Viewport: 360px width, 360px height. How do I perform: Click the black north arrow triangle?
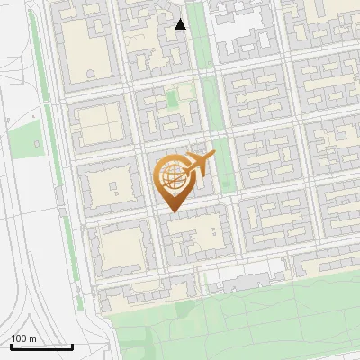click(x=181, y=24)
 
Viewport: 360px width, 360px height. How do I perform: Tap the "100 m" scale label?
click(x=23, y=338)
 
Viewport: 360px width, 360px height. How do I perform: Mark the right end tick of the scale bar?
click(x=72, y=346)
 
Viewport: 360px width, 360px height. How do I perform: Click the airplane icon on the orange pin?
click(x=199, y=164)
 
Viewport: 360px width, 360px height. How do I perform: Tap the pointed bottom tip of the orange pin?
click(x=171, y=211)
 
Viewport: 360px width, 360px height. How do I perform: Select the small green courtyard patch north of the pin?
click(x=184, y=93)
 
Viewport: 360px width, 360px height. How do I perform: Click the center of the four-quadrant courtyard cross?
click(x=102, y=125)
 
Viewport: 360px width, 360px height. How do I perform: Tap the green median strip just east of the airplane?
click(x=226, y=171)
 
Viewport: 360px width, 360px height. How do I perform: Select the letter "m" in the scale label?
click(x=31, y=338)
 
